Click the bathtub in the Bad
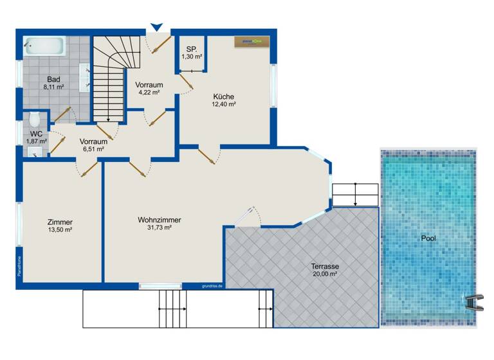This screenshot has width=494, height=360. point(45,46)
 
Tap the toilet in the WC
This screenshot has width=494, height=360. point(35,120)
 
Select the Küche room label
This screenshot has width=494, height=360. point(224,97)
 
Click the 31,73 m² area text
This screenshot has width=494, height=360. point(159,228)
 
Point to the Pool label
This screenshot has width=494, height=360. point(428,238)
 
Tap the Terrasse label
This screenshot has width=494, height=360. point(325,265)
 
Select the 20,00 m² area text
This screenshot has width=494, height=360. point(325,273)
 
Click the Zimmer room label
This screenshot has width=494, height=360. point(60,222)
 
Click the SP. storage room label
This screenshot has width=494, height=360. point(192,49)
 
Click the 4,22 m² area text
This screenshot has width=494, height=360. point(149,92)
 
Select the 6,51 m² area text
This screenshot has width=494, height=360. point(93,148)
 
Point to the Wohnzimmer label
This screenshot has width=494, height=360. point(159,220)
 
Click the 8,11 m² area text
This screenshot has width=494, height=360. point(53,87)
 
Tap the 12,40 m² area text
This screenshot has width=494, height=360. point(224,105)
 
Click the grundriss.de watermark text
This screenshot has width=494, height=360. point(212,285)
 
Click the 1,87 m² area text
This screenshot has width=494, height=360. point(36,141)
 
